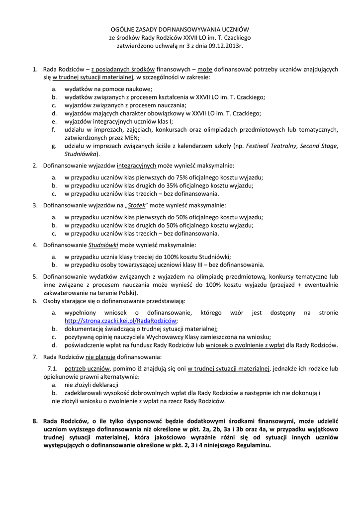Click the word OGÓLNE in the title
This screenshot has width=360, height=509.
[x=124, y=29]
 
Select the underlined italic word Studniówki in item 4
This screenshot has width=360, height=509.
[x=104, y=245]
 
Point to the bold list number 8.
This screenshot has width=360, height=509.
[x=35, y=422]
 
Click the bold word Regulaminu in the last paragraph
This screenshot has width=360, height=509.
[x=253, y=445]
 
